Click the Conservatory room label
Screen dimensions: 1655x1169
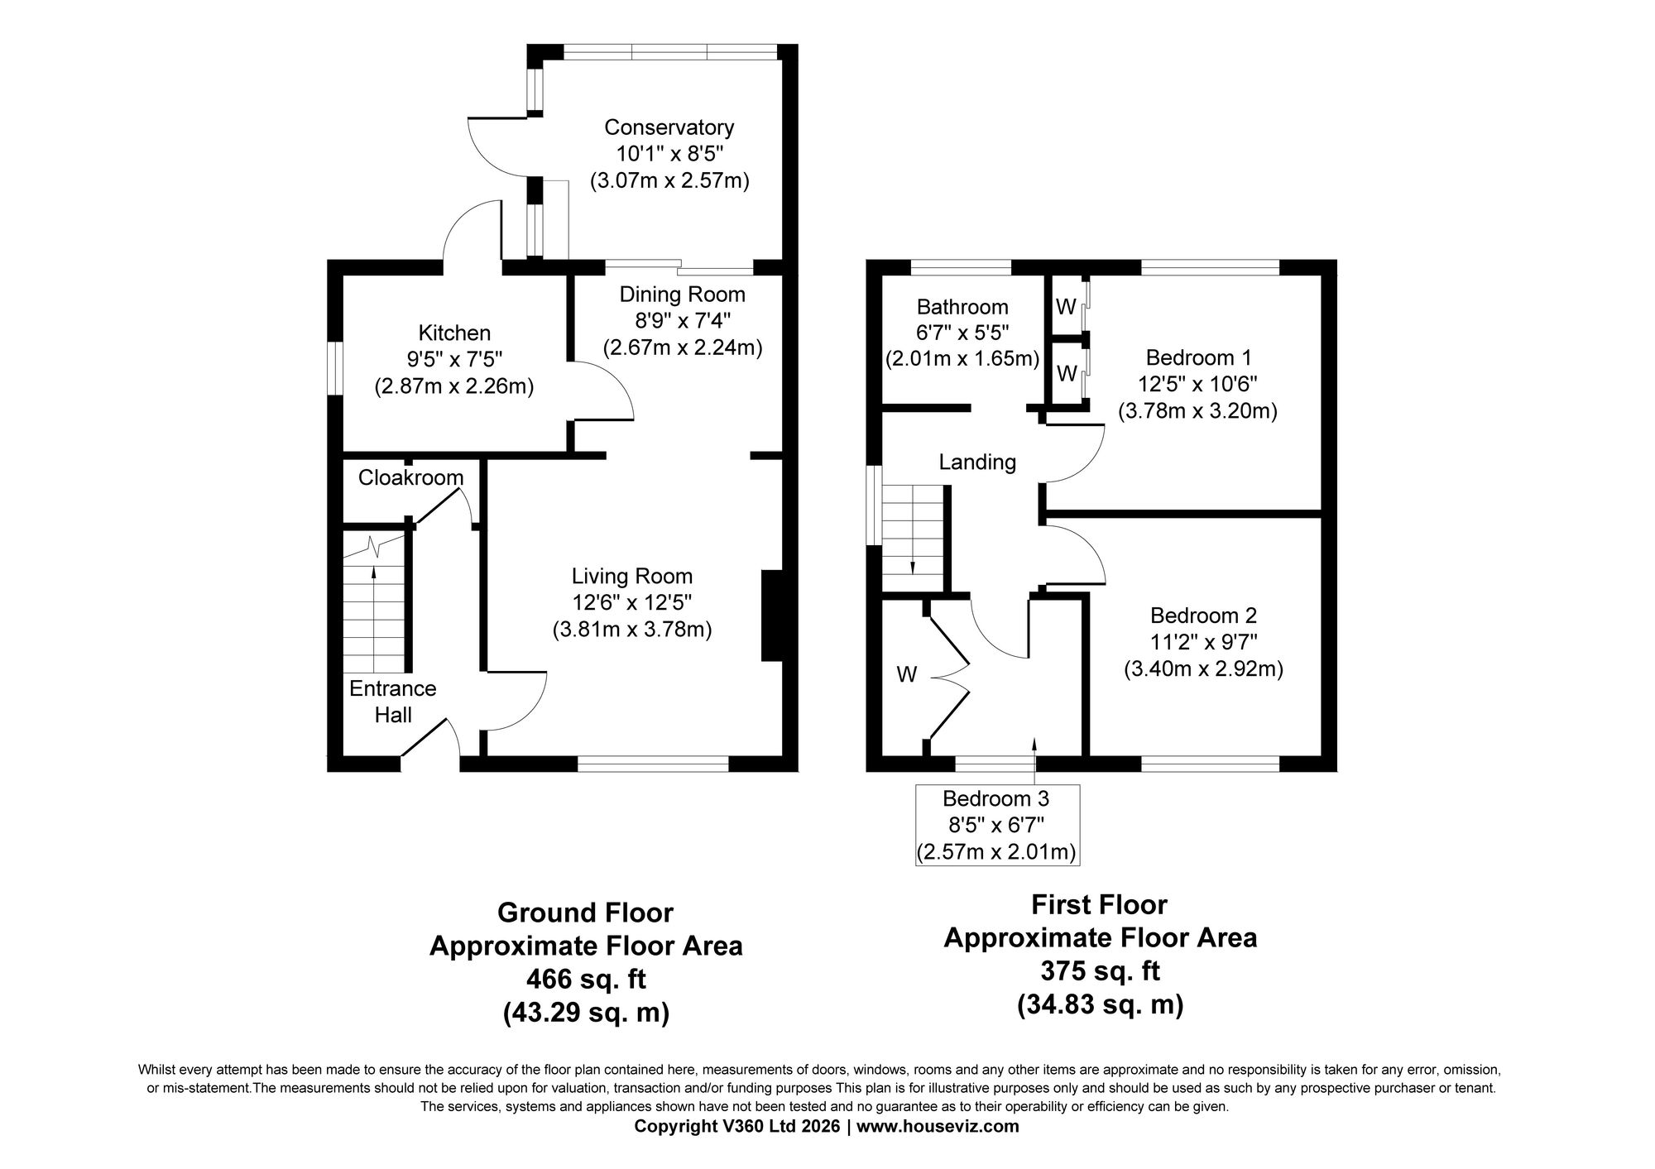pos(669,127)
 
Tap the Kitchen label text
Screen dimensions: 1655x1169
pos(454,333)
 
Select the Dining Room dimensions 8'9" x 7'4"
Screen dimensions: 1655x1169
pos(683,320)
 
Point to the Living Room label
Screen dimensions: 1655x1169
pos(632,576)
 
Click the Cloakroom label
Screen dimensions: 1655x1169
pos(410,477)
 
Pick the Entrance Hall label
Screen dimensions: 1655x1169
pos(393,702)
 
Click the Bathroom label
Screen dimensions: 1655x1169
pos(962,307)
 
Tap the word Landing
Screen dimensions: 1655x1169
pos(977,462)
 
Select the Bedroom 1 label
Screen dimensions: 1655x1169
pos(1198,357)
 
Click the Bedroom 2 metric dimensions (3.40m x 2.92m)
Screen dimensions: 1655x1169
pos(1203,668)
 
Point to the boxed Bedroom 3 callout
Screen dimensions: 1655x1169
pos(996,825)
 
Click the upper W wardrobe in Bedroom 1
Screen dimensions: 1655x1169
pos(1067,307)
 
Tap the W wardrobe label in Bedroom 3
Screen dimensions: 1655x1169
pos(907,675)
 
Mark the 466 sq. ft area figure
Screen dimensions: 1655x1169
pos(586,979)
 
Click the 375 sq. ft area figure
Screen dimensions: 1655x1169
pos(1101,970)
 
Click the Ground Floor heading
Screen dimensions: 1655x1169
pos(585,913)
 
